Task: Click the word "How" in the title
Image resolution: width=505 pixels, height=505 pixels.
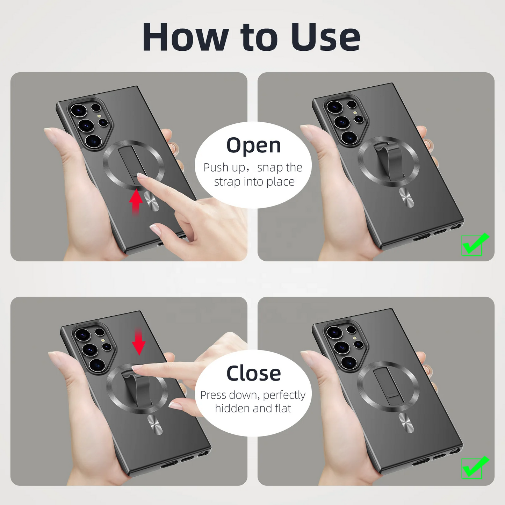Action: [185, 37]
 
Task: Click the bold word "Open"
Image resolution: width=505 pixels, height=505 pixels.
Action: [253, 145]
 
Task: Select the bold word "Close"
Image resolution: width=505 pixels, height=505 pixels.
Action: [253, 373]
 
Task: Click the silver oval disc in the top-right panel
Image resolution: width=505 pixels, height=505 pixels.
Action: [406, 197]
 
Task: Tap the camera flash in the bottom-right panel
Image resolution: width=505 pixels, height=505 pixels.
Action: [355, 338]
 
